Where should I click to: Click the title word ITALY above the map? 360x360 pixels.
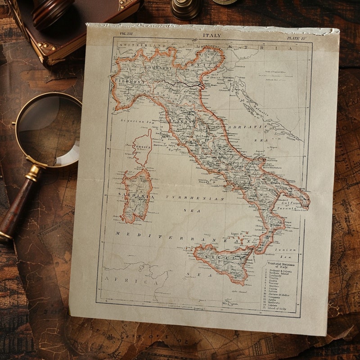(212, 36)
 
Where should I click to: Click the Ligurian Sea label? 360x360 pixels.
(135, 121)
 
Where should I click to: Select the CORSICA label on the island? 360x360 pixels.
(142, 147)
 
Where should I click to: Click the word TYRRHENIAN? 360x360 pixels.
(195, 198)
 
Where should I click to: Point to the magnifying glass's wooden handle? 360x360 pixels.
(18, 202)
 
